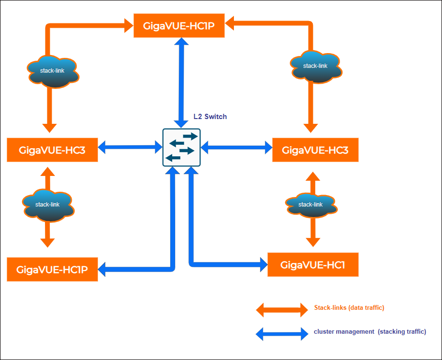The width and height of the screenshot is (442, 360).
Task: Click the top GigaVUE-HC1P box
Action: (x=179, y=25)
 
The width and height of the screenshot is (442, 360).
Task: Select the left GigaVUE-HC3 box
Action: (x=53, y=150)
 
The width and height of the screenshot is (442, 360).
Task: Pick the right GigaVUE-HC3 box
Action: (x=315, y=150)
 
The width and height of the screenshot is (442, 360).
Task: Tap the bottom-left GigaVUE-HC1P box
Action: (x=53, y=269)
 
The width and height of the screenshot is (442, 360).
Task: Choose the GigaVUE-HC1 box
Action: (x=313, y=264)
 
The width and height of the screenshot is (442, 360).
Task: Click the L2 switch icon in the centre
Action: (x=181, y=147)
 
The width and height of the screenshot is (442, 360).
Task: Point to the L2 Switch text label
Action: (x=210, y=117)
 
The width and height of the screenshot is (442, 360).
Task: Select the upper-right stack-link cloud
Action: (x=315, y=66)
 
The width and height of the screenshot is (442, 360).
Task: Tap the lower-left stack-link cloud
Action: (x=48, y=205)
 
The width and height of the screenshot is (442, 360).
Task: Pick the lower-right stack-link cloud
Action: (x=310, y=205)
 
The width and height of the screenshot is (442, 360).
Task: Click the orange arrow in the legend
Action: (x=282, y=309)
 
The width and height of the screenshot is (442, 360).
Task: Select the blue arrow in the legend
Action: (x=282, y=333)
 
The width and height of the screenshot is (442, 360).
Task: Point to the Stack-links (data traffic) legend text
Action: (x=349, y=308)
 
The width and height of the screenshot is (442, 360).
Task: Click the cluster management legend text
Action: (x=370, y=331)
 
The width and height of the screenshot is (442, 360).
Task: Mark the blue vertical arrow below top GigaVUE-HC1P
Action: (x=181, y=82)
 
